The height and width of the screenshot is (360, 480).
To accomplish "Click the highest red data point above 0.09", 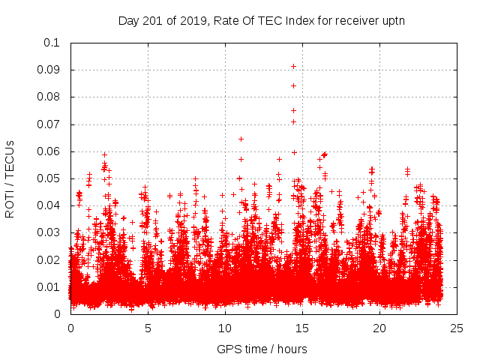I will [x=293, y=66].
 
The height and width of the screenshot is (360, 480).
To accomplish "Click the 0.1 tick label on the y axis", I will [x=51, y=43].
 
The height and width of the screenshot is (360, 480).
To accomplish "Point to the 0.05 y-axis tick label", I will [x=48, y=178].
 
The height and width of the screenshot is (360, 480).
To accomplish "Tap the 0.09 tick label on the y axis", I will [x=48, y=70].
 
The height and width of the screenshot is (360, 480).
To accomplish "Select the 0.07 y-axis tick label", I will [x=48, y=124].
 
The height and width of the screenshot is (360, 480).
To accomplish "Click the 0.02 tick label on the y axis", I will [x=48, y=260].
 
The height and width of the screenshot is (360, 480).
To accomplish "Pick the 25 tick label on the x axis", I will [x=457, y=328].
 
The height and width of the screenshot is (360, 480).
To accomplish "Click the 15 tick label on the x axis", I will [x=302, y=328].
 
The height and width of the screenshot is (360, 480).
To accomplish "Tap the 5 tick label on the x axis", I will [x=148, y=328].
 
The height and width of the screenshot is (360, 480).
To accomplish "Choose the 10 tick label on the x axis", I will [x=225, y=328].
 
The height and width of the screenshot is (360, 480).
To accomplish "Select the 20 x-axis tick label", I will [x=379, y=328].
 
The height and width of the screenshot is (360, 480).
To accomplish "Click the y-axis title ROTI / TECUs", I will [x=10, y=178].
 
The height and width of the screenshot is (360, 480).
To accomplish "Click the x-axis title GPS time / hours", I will [x=262, y=349].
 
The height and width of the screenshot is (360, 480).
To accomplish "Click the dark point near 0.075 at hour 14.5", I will [x=293, y=110].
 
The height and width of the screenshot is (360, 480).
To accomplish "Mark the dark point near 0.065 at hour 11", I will [x=241, y=138].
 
